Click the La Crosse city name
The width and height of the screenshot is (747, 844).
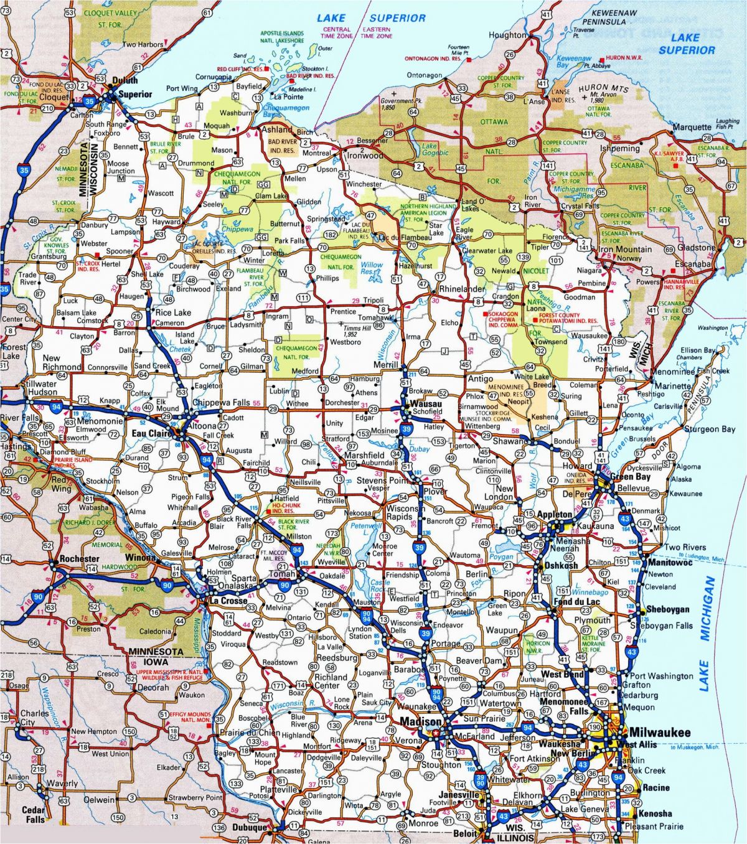(228, 601)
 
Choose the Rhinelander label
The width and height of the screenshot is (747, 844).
(461, 289)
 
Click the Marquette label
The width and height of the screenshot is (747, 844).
(692, 128)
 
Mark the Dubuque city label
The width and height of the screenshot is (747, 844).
(248, 828)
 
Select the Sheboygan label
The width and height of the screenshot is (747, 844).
(668, 609)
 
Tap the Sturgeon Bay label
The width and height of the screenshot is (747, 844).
(710, 429)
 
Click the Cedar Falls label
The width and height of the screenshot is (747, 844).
(33, 814)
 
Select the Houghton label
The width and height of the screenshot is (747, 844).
(507, 35)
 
